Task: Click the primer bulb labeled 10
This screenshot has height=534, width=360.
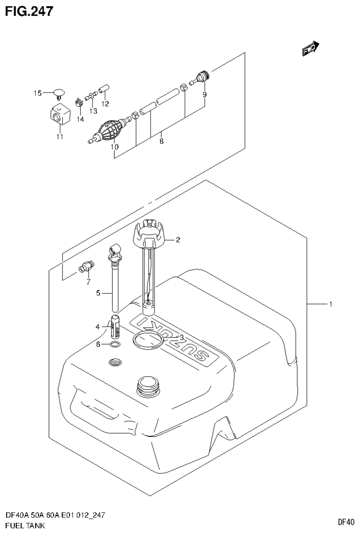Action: point(110,130)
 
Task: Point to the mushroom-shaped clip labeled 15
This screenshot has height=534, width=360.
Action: point(59,93)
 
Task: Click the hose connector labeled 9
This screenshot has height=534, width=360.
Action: point(200,77)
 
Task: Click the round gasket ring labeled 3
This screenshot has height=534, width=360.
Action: point(148,340)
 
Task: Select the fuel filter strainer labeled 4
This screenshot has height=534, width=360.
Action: point(116,327)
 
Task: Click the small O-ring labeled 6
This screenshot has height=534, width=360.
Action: point(114,345)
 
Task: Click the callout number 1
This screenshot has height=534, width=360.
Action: point(330,305)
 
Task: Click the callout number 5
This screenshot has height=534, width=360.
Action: point(99,293)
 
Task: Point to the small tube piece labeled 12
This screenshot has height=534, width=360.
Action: point(104,89)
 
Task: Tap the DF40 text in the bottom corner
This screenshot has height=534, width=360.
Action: point(345,522)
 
